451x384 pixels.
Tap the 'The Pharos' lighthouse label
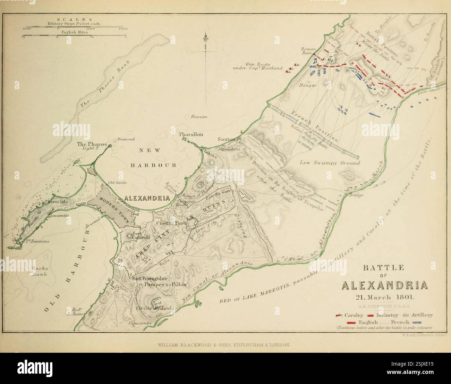88,144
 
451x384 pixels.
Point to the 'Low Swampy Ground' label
330,163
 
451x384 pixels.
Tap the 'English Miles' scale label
75,32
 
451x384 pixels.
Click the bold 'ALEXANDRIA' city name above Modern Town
147,198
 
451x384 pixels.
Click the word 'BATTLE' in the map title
384,268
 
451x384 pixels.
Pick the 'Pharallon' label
191,134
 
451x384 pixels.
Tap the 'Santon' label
226,139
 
